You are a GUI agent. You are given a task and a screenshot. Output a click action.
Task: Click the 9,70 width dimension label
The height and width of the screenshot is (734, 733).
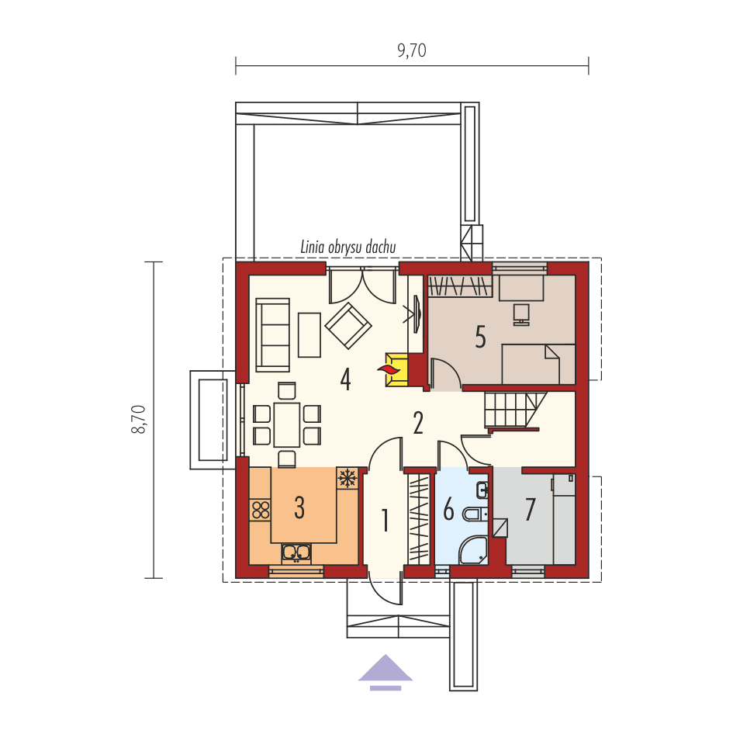point(412,51)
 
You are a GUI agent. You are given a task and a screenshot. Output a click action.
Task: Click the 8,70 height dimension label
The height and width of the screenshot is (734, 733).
point(139,419)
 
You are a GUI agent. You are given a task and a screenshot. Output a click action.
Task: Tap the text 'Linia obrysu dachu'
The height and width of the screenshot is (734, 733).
point(348,247)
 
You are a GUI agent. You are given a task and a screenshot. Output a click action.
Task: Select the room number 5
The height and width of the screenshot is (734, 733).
point(480,338)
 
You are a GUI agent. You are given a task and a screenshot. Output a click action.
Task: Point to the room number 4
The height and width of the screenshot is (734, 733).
point(345,379)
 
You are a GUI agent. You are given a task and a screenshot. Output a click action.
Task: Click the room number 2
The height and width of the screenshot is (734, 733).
point(418,423)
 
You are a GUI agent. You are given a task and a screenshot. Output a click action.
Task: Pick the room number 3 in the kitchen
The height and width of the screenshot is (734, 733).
point(299,507)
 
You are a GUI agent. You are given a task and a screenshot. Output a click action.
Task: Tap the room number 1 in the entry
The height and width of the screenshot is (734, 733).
point(385,521)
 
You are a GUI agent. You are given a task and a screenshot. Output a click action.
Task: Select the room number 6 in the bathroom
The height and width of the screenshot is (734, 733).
point(448,511)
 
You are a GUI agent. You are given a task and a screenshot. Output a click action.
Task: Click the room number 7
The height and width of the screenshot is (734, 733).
point(531,510)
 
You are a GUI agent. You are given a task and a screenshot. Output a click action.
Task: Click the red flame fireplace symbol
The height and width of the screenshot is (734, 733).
point(390,369)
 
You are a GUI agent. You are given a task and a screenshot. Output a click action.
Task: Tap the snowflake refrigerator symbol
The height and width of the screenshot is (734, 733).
point(347,478)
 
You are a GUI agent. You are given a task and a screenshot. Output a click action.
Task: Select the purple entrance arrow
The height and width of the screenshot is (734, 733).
point(386,671)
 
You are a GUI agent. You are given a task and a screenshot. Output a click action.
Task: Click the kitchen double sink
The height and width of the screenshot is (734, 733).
point(296,552)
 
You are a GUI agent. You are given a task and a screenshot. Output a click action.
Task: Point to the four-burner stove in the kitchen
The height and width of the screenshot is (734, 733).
point(260,510)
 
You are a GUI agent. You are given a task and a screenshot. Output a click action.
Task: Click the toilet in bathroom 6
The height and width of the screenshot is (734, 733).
point(475,513)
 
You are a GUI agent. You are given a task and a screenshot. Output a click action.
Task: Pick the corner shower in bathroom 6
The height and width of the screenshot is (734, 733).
point(474,550)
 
